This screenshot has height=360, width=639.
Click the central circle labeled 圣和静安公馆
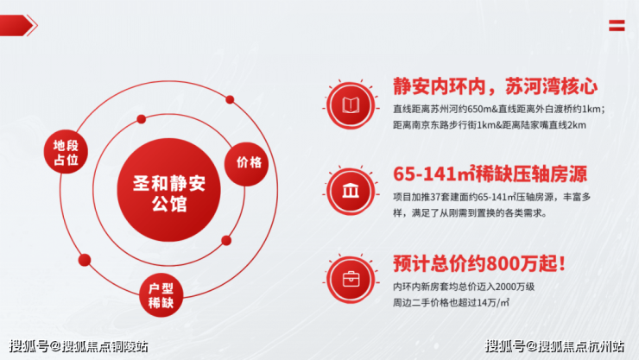[168, 190]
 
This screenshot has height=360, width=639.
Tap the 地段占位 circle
[66, 152]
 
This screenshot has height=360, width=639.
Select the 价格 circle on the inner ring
[247, 164]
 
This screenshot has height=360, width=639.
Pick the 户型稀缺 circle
[161, 295]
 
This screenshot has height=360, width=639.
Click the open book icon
[351, 105]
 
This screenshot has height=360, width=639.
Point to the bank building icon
[351, 191]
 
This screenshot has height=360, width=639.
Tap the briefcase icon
[351, 280]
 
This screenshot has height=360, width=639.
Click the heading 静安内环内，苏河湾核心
[495, 86]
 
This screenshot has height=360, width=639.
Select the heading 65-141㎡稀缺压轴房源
[490, 174]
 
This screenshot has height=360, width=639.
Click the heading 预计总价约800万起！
[479, 263]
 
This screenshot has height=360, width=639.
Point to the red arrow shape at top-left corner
[19, 25]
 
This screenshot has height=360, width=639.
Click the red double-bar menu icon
[617, 25]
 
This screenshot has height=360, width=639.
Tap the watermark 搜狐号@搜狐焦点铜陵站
[79, 346]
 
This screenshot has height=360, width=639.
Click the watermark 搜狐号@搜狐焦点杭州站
[554, 346]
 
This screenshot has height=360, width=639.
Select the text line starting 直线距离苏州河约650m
[499, 109]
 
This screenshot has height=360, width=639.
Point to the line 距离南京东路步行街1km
[490, 125]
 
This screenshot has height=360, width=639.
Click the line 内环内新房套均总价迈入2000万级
[464, 287]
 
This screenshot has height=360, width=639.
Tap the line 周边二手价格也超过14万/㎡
[451, 302]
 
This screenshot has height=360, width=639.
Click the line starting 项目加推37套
[492, 197]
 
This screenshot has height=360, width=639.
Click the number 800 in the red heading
[503, 264]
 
